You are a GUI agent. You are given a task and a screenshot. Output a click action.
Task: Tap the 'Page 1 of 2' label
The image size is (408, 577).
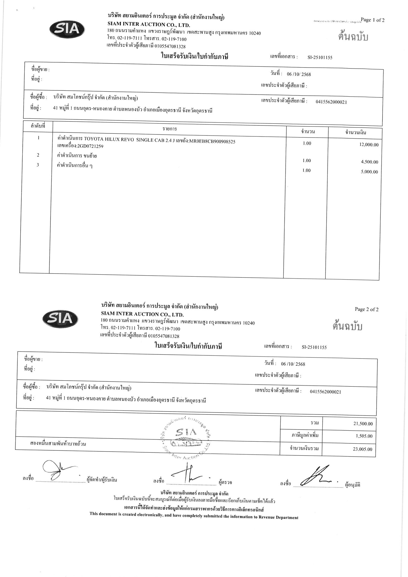[372, 20]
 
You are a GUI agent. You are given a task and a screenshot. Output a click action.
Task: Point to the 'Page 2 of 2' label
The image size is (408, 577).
[366, 309]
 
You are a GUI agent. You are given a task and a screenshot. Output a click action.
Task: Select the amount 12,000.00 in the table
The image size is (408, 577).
[369, 145]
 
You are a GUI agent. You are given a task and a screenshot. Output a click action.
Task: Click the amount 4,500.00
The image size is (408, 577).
[369, 162]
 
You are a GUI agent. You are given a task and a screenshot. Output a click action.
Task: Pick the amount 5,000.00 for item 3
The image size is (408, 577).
[369, 172]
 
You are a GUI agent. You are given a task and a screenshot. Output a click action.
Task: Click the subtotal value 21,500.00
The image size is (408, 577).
[363, 424]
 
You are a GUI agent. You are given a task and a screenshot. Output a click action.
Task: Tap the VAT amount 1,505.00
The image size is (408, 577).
[364, 436]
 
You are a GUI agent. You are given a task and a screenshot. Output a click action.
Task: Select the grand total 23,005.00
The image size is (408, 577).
[362, 449]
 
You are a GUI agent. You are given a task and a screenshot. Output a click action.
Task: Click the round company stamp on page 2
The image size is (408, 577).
[186, 437]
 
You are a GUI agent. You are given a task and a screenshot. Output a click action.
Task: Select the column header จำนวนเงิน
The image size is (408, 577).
[355, 132]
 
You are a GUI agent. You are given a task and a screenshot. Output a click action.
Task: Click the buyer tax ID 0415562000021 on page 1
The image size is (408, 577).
[331, 102]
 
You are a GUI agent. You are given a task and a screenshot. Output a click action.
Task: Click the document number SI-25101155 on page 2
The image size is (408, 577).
[314, 347]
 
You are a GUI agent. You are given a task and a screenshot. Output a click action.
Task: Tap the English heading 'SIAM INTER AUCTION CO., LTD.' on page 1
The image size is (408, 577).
[149, 25]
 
